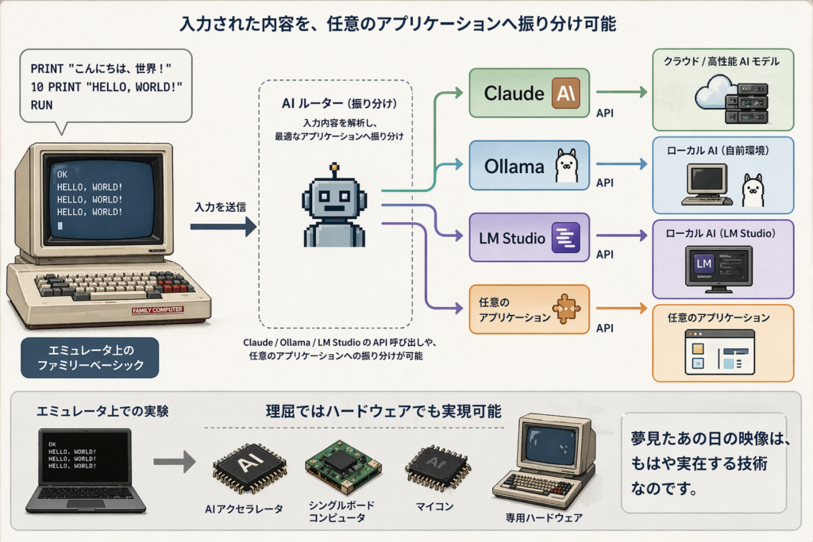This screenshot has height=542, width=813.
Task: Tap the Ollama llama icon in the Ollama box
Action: tap(565, 166)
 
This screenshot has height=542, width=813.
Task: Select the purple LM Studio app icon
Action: tap(565, 237)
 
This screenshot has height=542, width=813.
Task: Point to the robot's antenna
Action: tap(335, 169)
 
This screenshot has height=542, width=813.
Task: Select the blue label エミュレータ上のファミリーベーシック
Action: tap(90, 357)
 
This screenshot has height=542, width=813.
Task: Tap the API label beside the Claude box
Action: tap(605, 113)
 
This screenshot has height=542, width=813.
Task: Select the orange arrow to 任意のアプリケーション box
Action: tap(622, 307)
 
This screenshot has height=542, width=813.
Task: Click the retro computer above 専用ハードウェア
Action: tap(545, 460)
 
